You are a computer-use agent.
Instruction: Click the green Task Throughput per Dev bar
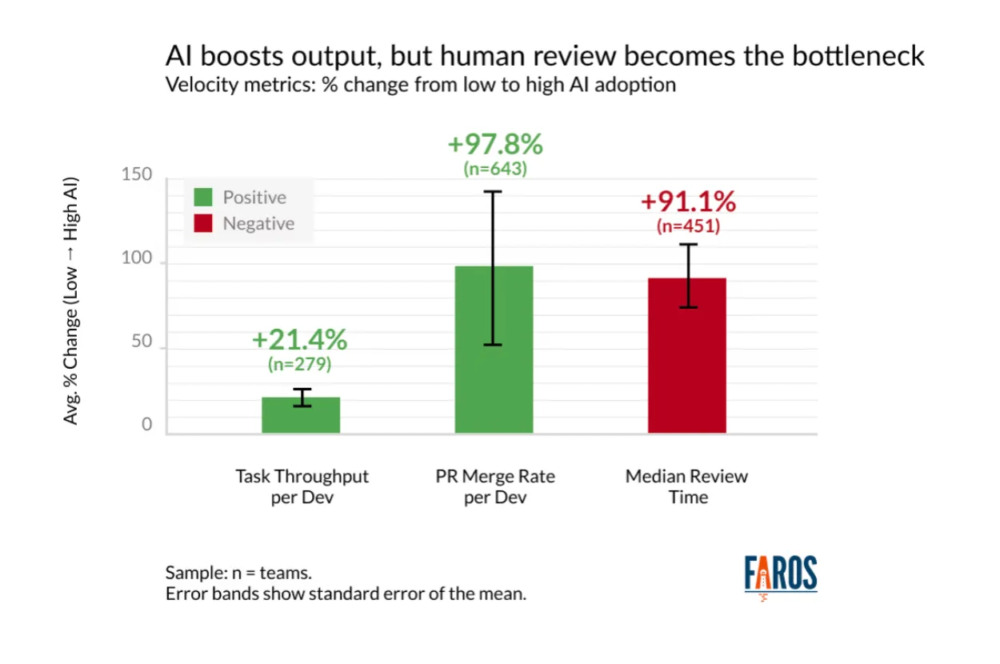click(x=301, y=415)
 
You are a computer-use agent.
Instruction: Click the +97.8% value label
click(x=495, y=145)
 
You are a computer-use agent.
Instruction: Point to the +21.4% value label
click(x=299, y=340)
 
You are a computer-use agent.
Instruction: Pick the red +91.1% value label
click(x=688, y=202)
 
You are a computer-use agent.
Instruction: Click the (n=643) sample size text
click(x=495, y=169)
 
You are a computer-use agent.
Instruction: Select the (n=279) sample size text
click(x=299, y=364)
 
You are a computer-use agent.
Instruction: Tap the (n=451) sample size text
click(x=688, y=226)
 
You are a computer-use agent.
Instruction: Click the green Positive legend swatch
click(x=203, y=198)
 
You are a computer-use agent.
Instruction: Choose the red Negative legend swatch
click(x=203, y=224)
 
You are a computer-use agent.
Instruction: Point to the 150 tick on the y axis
click(x=137, y=175)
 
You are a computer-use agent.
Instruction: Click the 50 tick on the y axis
click(x=142, y=341)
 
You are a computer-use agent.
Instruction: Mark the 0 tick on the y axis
click(x=147, y=425)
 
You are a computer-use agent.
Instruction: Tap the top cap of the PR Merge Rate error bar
click(x=494, y=192)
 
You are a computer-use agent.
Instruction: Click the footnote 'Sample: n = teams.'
click(x=238, y=573)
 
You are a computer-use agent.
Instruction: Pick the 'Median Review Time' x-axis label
click(x=686, y=486)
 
